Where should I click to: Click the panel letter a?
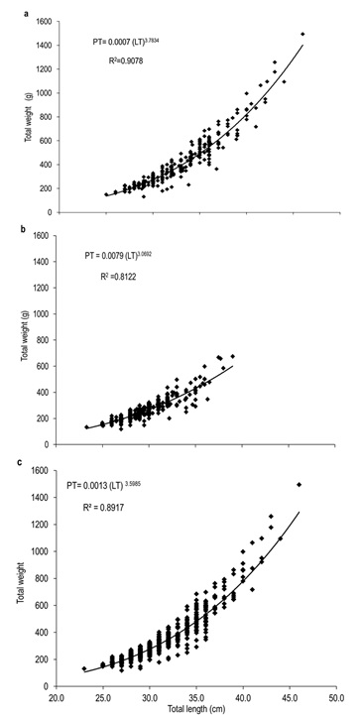(x=8, y=7)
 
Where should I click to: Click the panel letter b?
(x=8, y=228)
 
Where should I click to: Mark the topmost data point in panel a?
(x=302, y=35)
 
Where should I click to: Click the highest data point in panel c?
(x=299, y=485)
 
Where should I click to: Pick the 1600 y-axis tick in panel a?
(x=40, y=21)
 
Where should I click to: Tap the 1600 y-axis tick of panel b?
(x=40, y=236)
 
